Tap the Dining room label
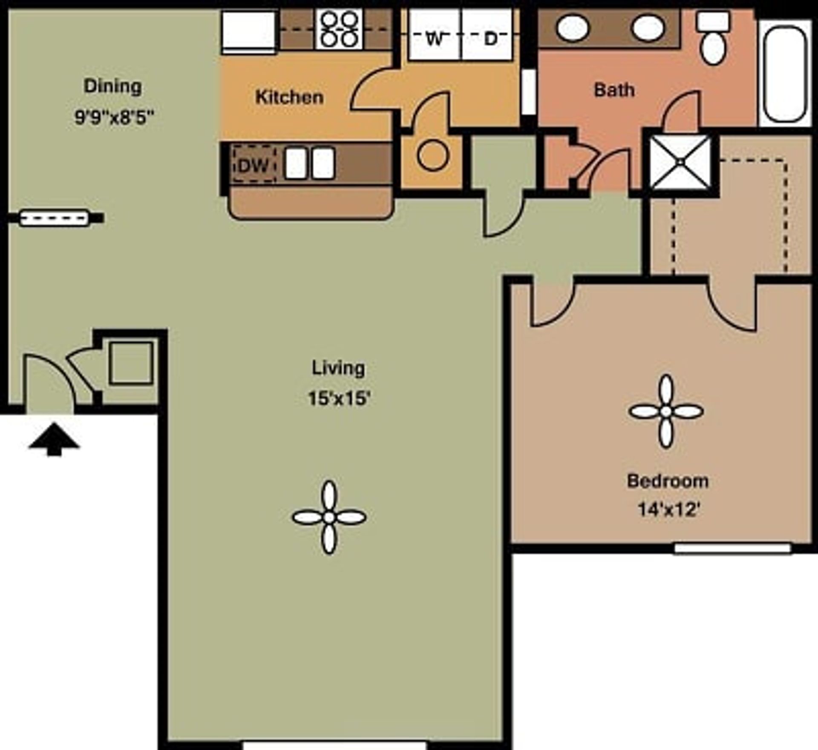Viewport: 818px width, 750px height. click(x=113, y=86)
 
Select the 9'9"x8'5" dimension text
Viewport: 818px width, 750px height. click(x=114, y=117)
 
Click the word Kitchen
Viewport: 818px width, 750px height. click(x=289, y=97)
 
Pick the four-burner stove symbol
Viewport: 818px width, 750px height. click(x=339, y=29)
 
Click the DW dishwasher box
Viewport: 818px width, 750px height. click(x=253, y=165)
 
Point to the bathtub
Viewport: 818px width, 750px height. click(x=785, y=72)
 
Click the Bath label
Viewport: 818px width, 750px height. click(x=614, y=90)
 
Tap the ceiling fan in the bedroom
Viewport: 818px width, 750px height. click(x=666, y=411)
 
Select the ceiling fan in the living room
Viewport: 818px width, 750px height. click(x=329, y=517)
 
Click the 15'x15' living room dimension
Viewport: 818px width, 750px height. click(x=339, y=399)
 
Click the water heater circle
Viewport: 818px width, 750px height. click(x=433, y=155)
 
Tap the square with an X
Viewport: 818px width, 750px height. click(x=681, y=162)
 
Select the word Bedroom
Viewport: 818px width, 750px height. click(x=668, y=481)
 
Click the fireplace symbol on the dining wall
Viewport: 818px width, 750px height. click(x=55, y=218)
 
